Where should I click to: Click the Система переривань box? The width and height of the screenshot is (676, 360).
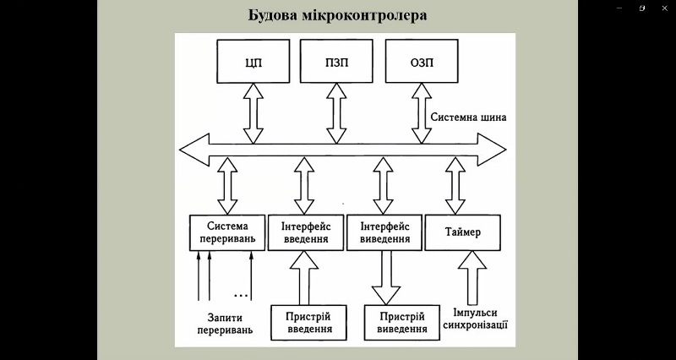(226, 233)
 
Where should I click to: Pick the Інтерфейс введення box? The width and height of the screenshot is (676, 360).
(306, 233)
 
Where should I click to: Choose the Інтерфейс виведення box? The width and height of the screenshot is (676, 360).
(384, 233)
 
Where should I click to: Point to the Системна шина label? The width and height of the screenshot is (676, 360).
(468, 117)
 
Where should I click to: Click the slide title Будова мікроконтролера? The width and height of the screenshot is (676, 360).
(338, 15)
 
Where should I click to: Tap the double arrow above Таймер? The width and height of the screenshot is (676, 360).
(456, 187)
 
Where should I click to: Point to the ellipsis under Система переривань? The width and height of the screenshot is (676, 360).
(241, 295)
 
